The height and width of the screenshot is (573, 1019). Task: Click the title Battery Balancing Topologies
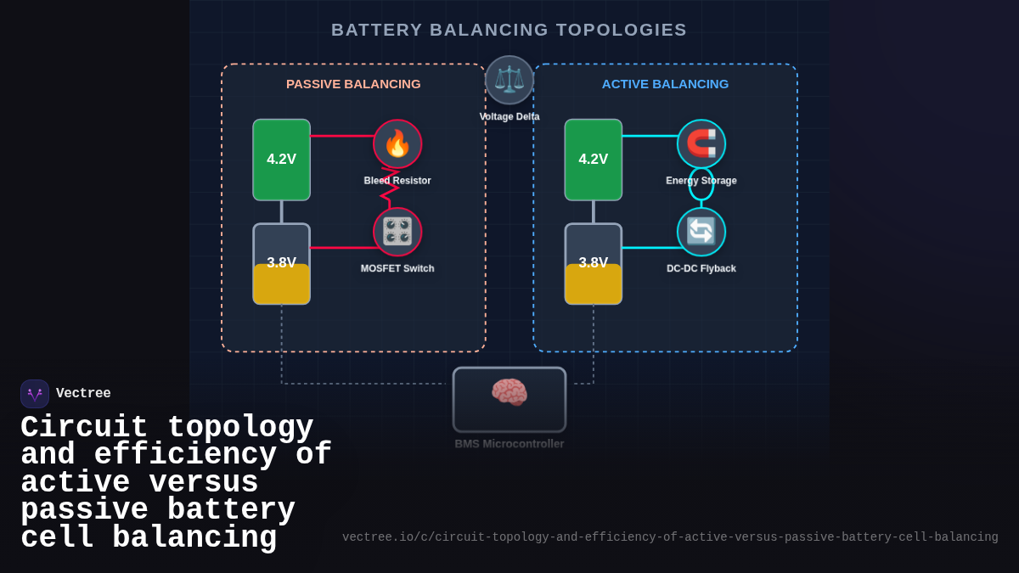point(509,30)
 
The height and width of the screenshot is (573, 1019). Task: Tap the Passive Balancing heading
point(353,84)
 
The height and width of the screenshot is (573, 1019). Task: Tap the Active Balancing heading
point(665,84)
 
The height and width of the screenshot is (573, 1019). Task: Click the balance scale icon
point(509,80)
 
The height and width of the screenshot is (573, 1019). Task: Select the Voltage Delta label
point(509,117)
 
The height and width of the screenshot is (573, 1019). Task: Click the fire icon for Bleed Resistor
point(397,143)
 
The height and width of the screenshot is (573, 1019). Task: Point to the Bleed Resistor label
point(397,181)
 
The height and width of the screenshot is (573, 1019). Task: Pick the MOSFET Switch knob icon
point(397,232)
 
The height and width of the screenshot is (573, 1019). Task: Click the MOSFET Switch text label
point(397,269)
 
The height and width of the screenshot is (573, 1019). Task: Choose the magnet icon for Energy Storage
point(701,143)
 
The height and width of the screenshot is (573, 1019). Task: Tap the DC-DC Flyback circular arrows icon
point(701,232)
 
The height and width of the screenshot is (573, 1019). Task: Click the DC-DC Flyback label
point(701,269)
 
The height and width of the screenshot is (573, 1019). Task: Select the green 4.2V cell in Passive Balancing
point(281,160)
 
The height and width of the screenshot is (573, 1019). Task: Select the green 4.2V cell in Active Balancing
point(594,160)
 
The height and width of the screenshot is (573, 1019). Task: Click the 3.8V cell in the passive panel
point(281,264)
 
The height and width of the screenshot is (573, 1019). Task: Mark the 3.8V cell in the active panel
point(594,264)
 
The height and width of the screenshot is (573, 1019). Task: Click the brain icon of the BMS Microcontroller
point(509,393)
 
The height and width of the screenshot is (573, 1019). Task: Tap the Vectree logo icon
point(35,394)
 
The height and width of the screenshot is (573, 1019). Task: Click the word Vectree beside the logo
point(83,394)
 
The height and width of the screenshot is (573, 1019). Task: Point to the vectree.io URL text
point(670,537)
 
